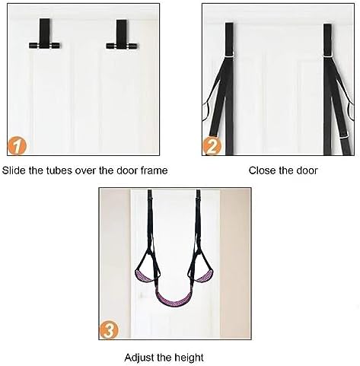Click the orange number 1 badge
point(17,145)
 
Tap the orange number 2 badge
point(212,146)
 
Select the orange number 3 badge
point(108,329)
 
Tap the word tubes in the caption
point(59,170)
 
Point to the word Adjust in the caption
point(139,358)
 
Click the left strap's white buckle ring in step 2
point(229,55)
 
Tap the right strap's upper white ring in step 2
point(327,55)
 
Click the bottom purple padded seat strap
point(174,301)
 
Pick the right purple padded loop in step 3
point(204,276)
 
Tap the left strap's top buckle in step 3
point(150,196)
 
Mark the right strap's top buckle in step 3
point(198,196)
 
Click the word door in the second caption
point(306,170)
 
